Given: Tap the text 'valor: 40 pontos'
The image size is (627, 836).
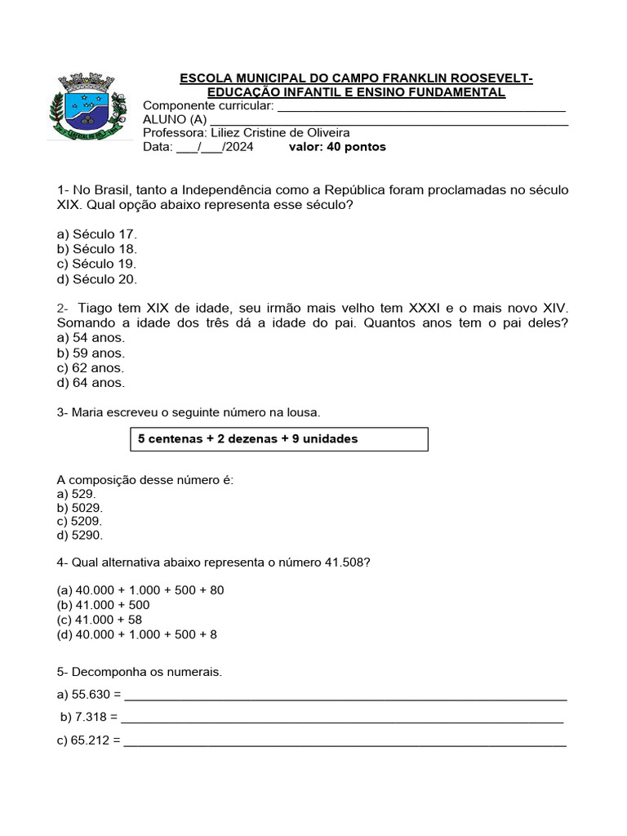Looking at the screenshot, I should click(x=337, y=147).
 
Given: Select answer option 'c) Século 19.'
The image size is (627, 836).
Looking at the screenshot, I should click(x=96, y=264).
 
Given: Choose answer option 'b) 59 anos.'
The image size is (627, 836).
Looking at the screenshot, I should click(x=91, y=353).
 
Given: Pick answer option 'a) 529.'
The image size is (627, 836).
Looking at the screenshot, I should click(x=77, y=494).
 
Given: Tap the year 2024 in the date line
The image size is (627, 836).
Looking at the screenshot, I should click(x=238, y=147).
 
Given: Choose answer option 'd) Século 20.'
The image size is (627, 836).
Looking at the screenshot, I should click(x=96, y=278).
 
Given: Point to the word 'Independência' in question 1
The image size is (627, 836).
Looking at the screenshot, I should click(x=220, y=189).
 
